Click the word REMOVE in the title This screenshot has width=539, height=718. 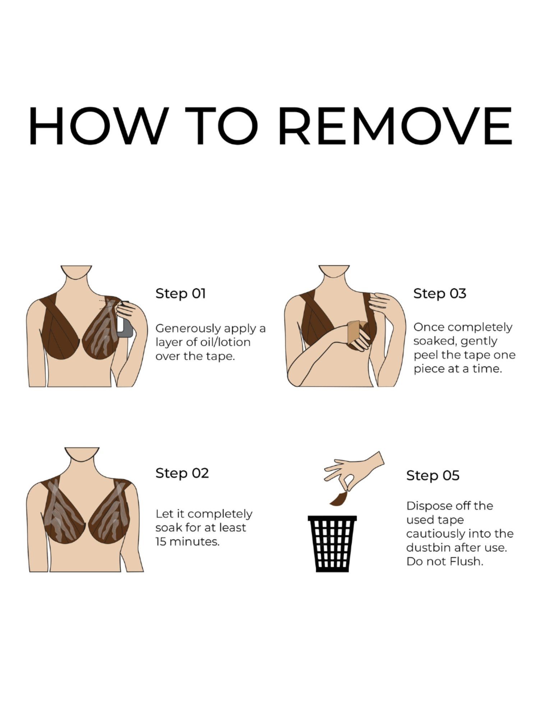point(395,125)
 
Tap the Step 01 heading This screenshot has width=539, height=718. point(180,294)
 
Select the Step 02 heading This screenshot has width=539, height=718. point(182,473)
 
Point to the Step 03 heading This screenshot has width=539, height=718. point(440,294)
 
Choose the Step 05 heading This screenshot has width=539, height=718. point(433,476)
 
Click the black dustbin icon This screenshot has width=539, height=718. point(332,544)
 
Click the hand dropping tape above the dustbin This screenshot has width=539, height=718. point(354,470)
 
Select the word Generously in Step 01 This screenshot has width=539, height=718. point(188,329)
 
